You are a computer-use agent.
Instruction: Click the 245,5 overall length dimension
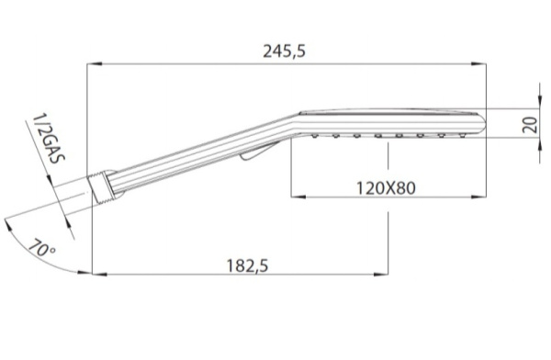point(285,51)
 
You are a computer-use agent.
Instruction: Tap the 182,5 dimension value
point(247,265)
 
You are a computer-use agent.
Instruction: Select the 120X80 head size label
point(386,188)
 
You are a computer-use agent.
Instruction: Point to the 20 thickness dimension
point(530,125)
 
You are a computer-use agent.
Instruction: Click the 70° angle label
point(41,248)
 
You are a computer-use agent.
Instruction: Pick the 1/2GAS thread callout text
point(48,138)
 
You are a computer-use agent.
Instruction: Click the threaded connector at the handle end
point(101,187)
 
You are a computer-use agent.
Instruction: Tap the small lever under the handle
point(259,152)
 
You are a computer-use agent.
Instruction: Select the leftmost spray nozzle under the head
point(315,135)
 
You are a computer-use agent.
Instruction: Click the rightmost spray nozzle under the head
point(463,135)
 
